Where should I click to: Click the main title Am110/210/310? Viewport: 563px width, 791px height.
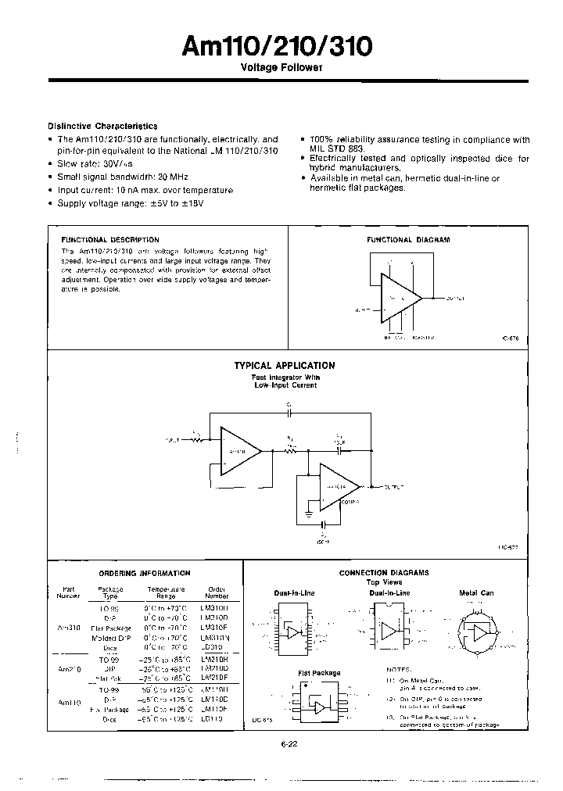pyautogui.click(x=277, y=47)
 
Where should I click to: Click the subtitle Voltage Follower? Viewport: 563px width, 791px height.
pyautogui.click(x=281, y=69)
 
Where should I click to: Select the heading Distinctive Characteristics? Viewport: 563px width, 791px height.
pyautogui.click(x=102, y=126)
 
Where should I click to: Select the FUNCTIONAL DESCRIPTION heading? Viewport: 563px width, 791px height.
pyautogui.click(x=109, y=240)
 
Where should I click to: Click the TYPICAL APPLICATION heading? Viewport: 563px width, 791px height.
pyautogui.click(x=285, y=365)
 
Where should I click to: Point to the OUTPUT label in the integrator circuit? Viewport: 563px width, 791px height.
pyautogui.click(x=393, y=487)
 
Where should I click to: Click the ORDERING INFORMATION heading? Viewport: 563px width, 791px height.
pyautogui.click(x=145, y=573)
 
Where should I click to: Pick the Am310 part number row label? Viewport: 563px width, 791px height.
pyautogui.click(x=69, y=628)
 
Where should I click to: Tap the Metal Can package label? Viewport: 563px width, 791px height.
pyautogui.click(x=476, y=593)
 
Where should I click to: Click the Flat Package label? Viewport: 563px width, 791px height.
pyautogui.click(x=319, y=673)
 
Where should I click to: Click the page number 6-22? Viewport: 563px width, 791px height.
pyautogui.click(x=289, y=744)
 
